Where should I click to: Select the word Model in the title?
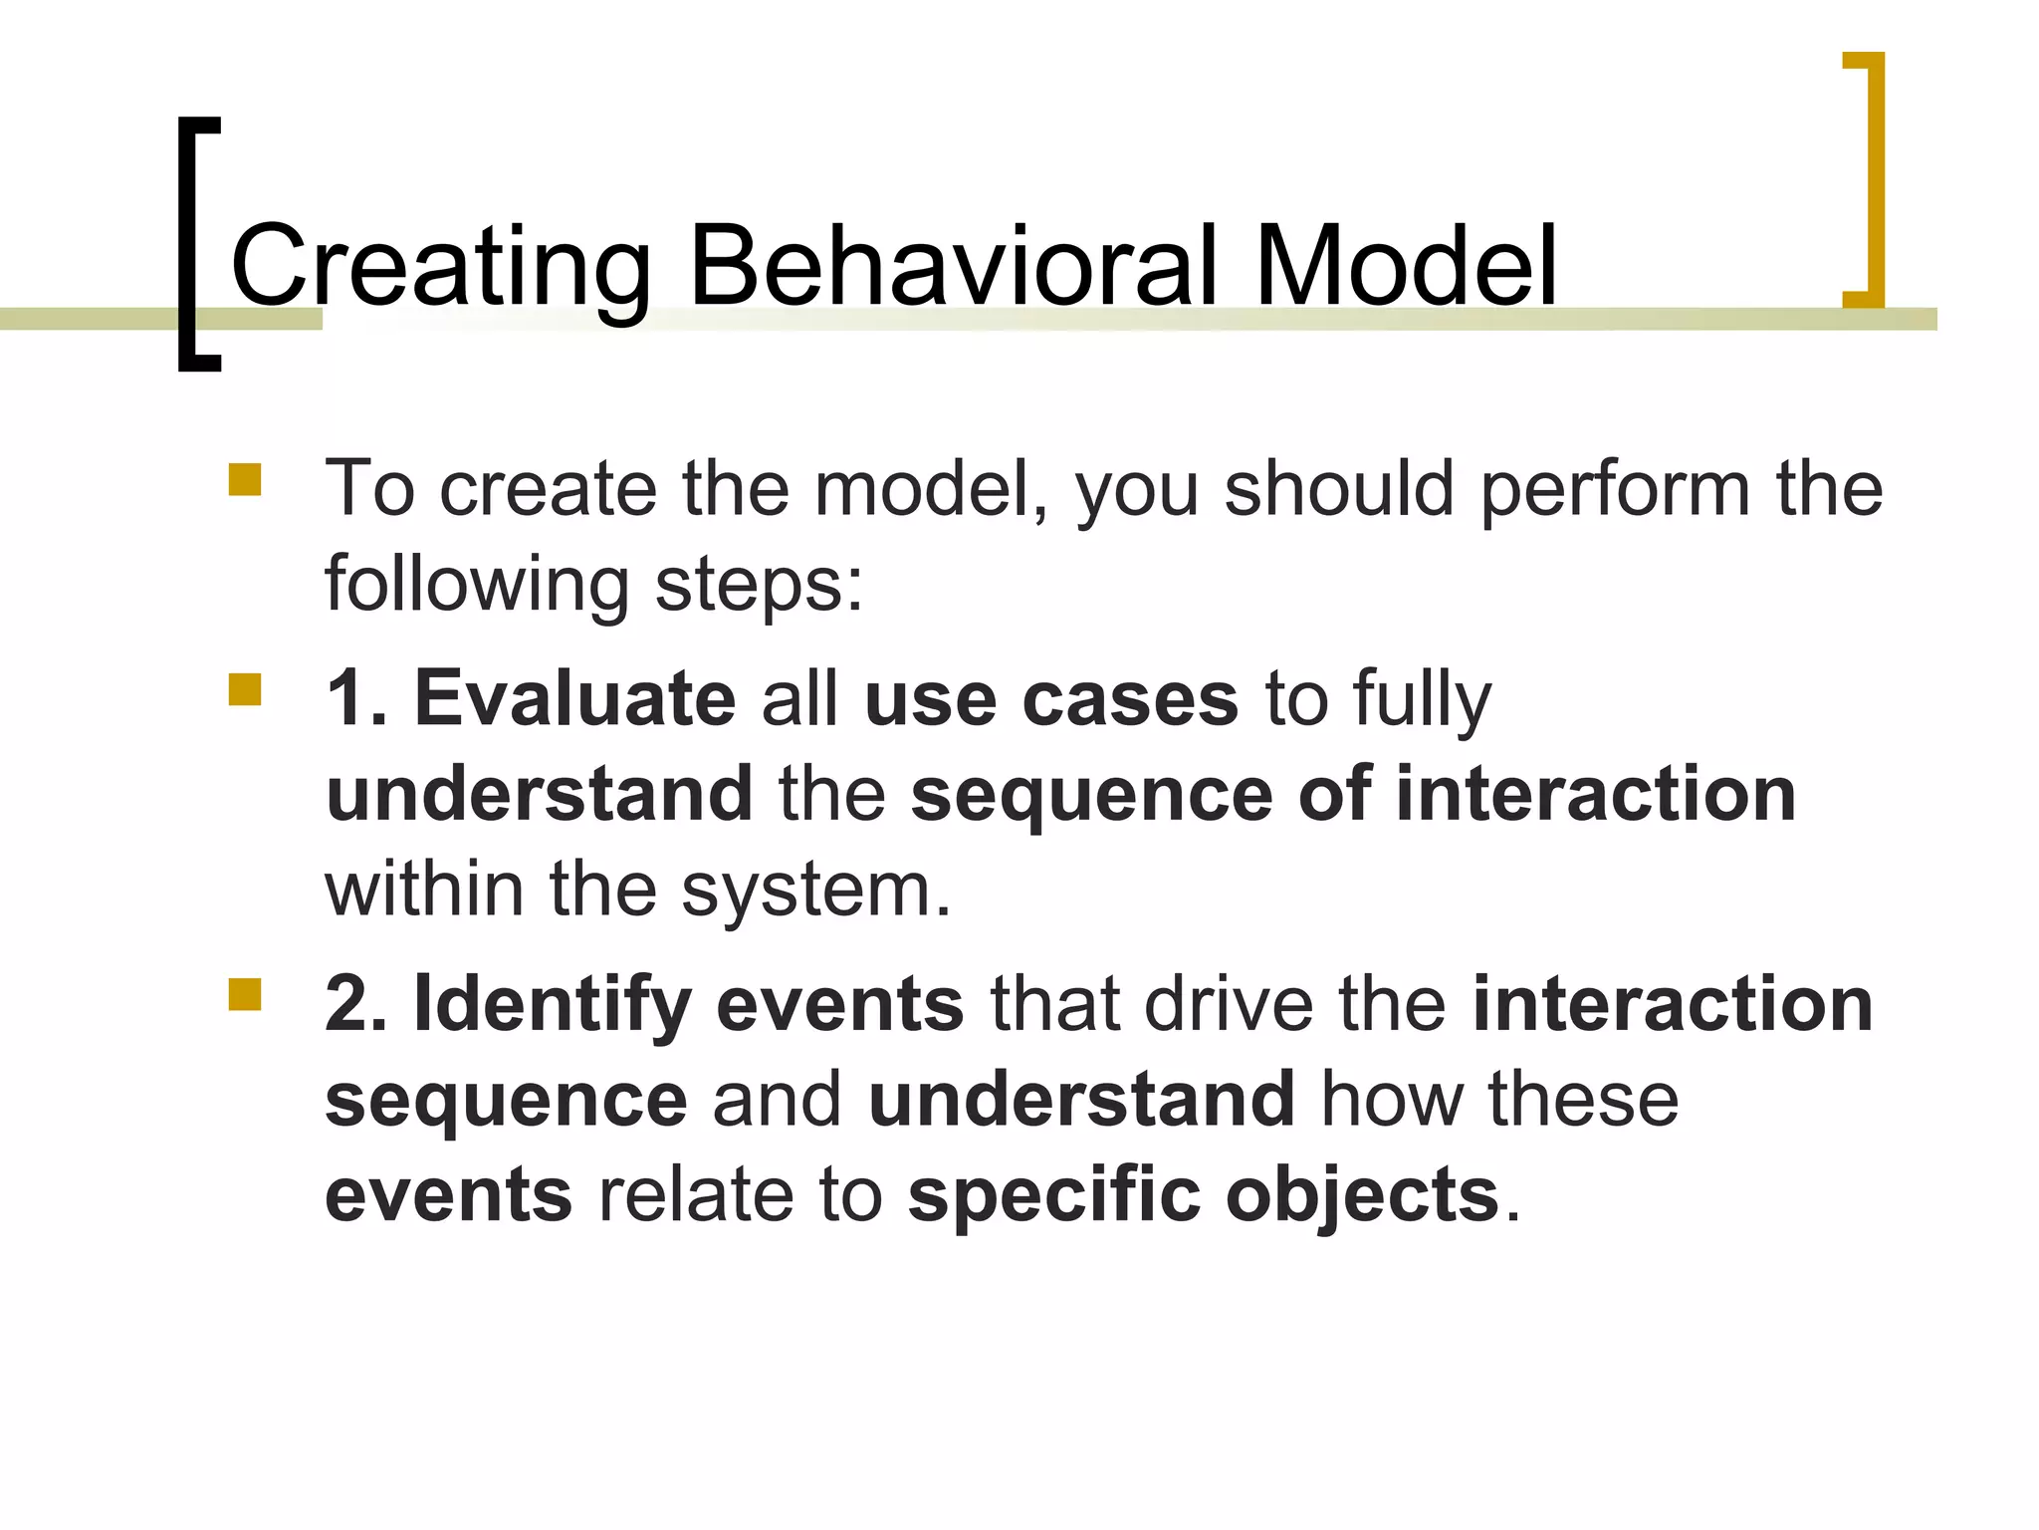[x=1405, y=266]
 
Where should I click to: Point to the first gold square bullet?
[x=244, y=479]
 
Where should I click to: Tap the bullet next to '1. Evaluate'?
[x=244, y=689]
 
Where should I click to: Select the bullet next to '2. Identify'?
[x=244, y=994]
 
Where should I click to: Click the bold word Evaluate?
[x=574, y=698]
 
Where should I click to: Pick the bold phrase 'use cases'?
[x=1051, y=698]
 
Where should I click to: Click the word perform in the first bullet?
[x=1614, y=489]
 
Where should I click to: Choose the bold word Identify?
[x=553, y=1004]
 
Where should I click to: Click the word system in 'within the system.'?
[x=816, y=889]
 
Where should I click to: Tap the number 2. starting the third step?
[x=355, y=1004]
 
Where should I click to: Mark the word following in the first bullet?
[x=477, y=584]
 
